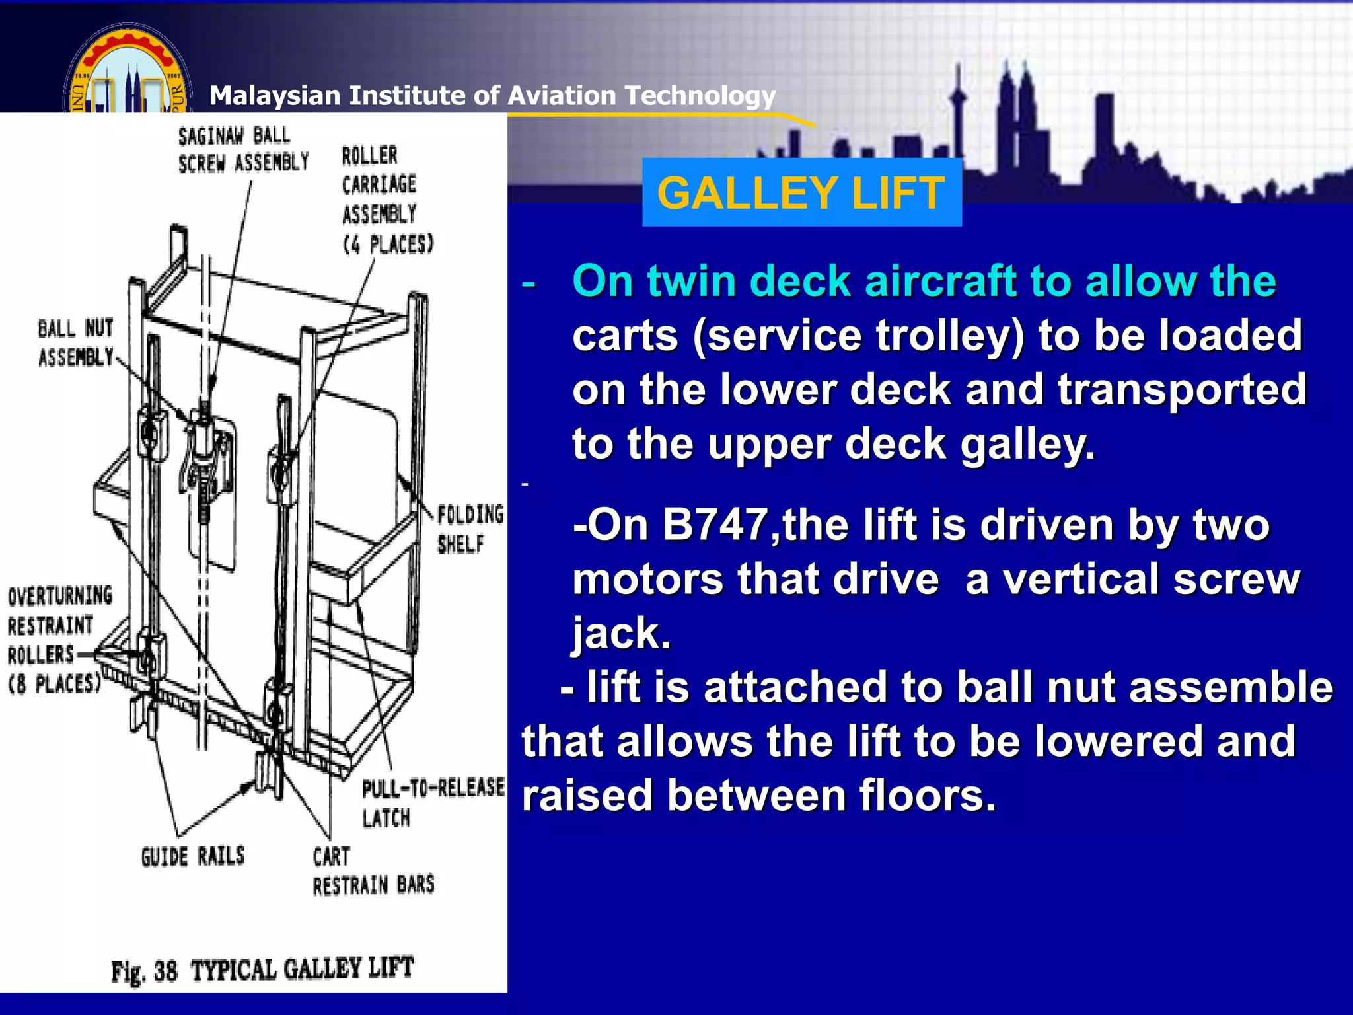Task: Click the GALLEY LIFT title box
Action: click(x=801, y=193)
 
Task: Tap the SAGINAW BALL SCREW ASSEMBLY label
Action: click(x=243, y=149)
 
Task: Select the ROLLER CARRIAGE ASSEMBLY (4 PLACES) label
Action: click(x=386, y=200)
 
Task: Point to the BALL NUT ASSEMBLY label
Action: click(x=75, y=342)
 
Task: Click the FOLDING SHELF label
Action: click(x=469, y=529)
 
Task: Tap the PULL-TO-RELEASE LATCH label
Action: click(x=431, y=802)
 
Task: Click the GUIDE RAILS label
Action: click(x=192, y=856)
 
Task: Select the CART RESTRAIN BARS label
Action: click(x=373, y=871)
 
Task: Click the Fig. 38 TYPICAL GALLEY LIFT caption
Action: click(x=262, y=969)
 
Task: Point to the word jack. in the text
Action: click(x=621, y=633)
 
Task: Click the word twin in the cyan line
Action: click(x=692, y=282)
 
